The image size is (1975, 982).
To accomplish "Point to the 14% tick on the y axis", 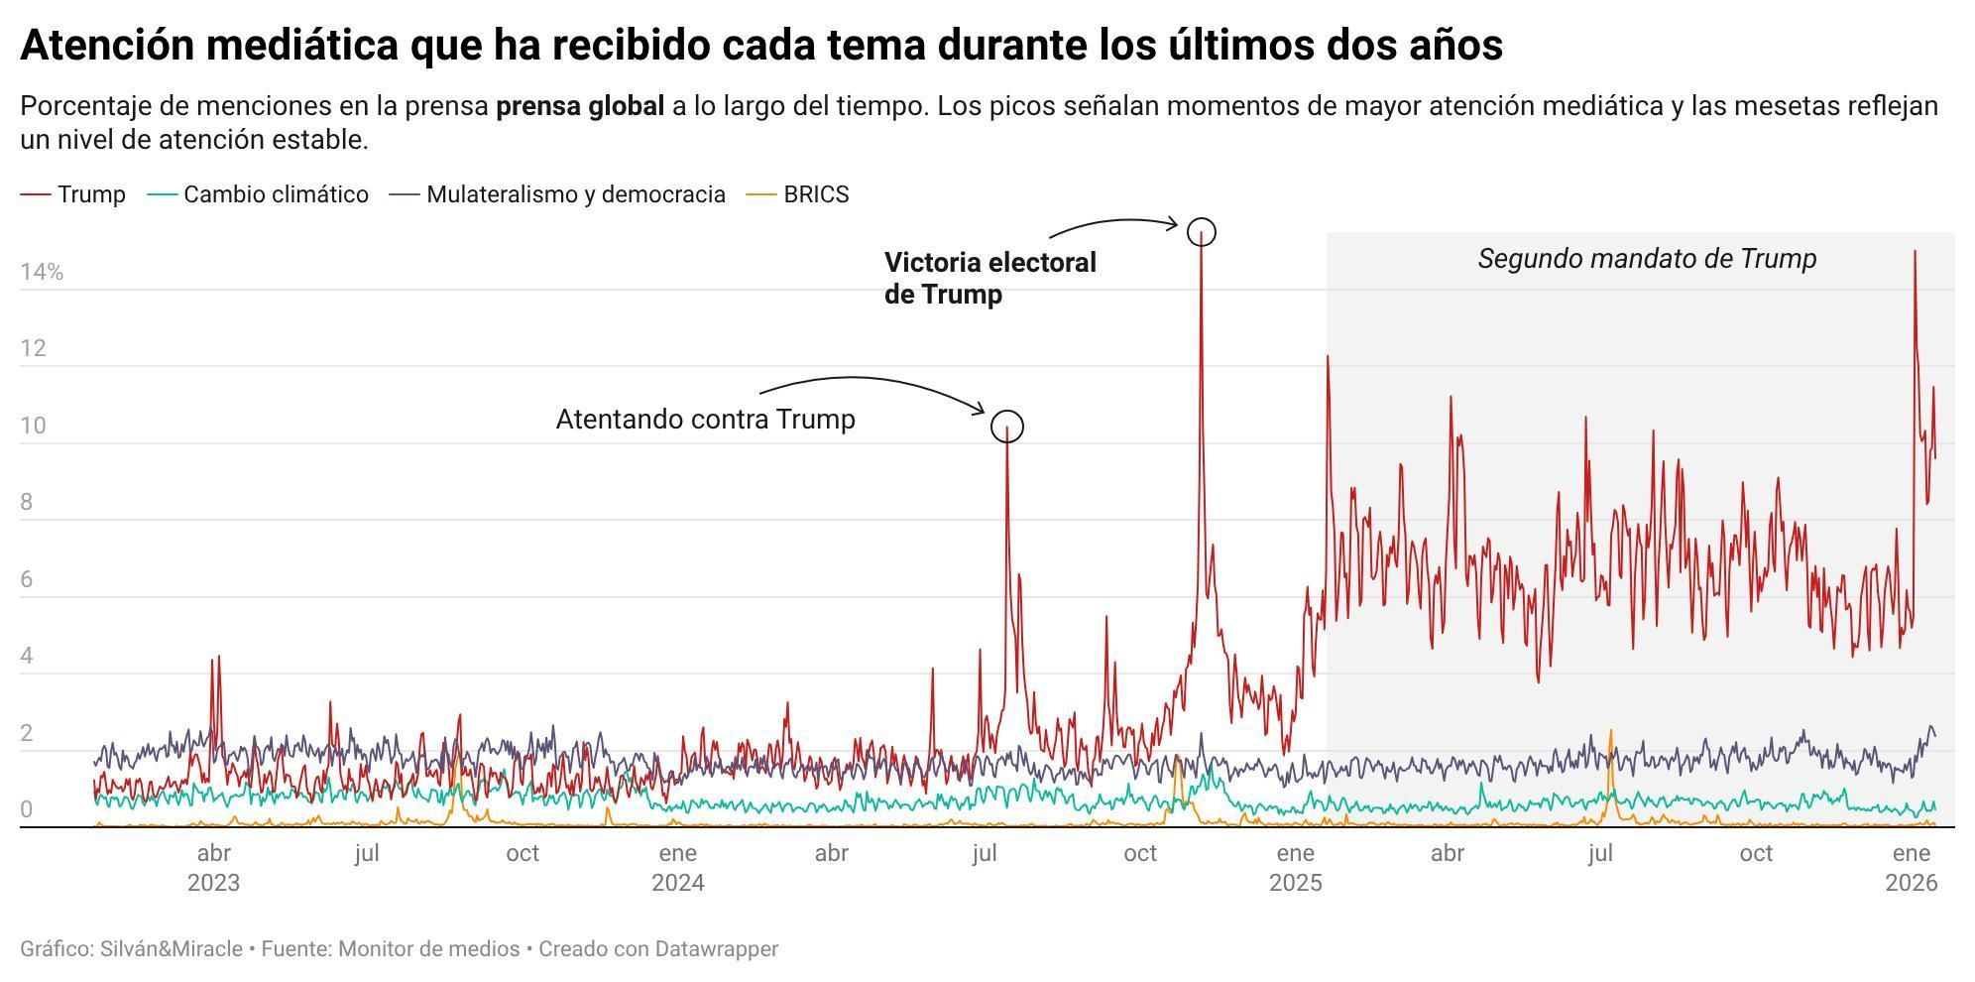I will (42, 272).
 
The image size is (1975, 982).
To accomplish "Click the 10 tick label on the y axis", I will (33, 426).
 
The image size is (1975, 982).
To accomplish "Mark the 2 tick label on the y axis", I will (26, 733).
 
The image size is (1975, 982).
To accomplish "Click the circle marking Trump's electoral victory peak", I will (1201, 231).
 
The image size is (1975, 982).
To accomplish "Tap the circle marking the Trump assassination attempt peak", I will (1006, 426).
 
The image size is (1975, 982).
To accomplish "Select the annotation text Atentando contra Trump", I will (705, 419).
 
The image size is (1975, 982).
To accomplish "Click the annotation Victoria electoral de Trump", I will (988, 278).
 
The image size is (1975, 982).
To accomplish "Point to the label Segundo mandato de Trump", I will (1646, 259).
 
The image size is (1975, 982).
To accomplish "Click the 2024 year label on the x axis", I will (677, 883).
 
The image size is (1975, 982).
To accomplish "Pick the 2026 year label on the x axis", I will (1911, 883).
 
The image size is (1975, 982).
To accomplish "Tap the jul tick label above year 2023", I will (367, 853).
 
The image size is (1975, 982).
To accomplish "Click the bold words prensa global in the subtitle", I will (579, 106).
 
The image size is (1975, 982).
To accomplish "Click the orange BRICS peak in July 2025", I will (1610, 732).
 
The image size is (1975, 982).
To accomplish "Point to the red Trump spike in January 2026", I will (1914, 253).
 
